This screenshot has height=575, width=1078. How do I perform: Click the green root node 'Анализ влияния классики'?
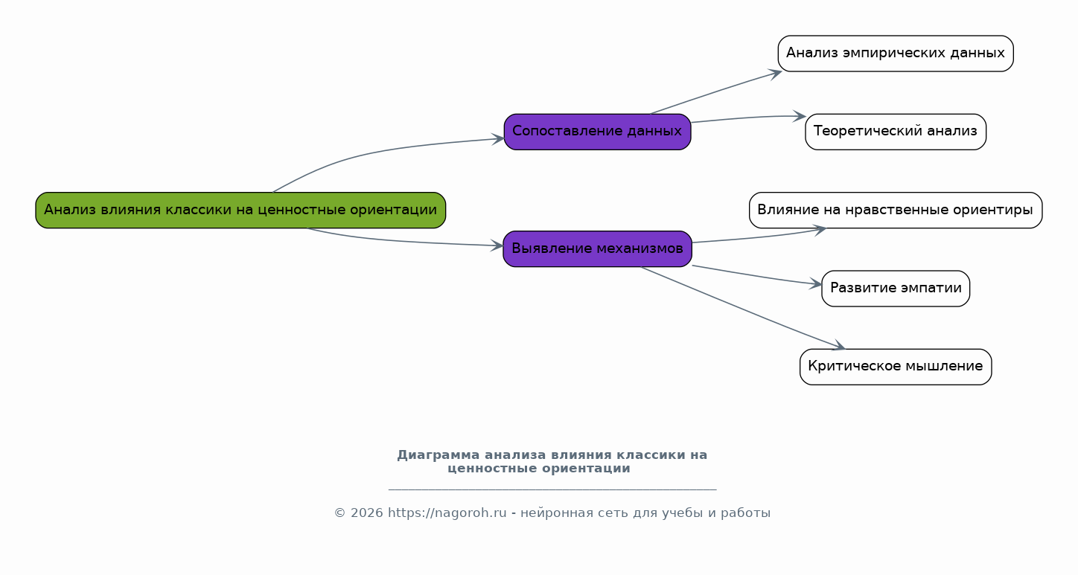(x=240, y=210)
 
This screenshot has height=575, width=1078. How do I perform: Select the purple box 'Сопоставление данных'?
(x=597, y=132)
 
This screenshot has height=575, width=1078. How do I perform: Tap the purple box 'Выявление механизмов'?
(x=597, y=248)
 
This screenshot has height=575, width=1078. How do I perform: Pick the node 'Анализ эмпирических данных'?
(x=896, y=54)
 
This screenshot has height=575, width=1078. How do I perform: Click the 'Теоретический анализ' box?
(x=896, y=132)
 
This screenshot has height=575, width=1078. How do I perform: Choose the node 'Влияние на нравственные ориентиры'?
(x=896, y=210)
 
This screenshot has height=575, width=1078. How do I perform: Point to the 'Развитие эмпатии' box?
(x=896, y=289)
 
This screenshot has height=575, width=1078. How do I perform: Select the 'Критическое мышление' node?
(x=896, y=367)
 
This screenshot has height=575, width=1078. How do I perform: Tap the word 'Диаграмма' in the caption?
(x=438, y=454)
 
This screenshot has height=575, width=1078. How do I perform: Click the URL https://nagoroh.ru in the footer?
(x=447, y=513)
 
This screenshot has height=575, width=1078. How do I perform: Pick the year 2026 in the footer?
(x=367, y=513)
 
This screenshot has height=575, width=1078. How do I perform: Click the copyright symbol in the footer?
(x=339, y=513)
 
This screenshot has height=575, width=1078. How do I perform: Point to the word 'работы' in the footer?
(x=745, y=513)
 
